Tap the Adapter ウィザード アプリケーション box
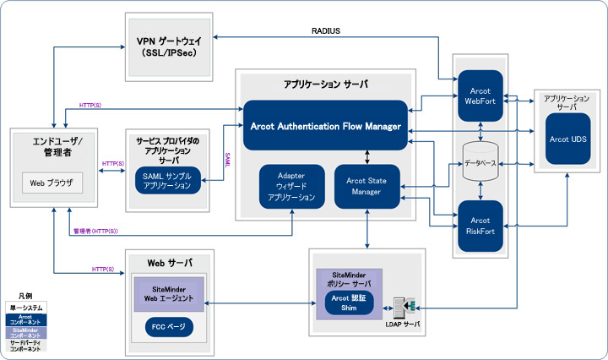(291, 185)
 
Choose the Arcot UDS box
(566, 139)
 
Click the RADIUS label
(325, 32)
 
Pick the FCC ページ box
(170, 326)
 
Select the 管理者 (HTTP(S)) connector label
(95, 231)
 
